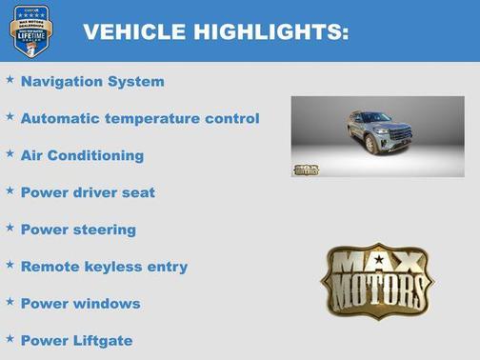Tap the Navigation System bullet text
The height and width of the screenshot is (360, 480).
[x=91, y=82]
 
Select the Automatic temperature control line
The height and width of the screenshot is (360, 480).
[x=139, y=119]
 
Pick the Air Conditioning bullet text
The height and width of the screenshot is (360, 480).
[x=82, y=155]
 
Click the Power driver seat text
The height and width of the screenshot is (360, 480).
[x=88, y=192]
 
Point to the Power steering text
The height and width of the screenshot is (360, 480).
[x=78, y=230]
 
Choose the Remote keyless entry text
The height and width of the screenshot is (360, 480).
[x=104, y=267]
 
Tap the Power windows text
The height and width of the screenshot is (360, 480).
[x=80, y=304]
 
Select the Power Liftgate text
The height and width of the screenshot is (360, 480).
[x=76, y=341]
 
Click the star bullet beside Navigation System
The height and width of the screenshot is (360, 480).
[x=10, y=80]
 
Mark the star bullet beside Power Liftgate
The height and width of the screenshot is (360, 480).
[x=10, y=339]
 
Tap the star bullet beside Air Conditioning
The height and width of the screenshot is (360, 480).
[x=10, y=153]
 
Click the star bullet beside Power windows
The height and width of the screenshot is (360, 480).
[x=10, y=302]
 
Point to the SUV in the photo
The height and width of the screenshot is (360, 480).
[x=381, y=131]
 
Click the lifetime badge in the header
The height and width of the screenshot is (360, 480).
[x=30, y=30]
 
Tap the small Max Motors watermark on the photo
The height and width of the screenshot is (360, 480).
[x=305, y=170]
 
